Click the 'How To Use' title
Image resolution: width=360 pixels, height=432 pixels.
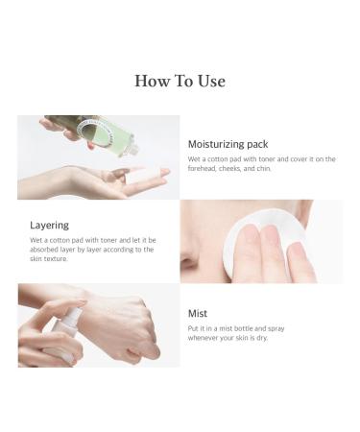[180, 81]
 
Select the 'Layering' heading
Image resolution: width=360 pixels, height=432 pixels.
[49, 225]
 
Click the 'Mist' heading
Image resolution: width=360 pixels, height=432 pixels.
[199, 312]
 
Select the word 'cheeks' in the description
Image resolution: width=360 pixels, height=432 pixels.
[239, 168]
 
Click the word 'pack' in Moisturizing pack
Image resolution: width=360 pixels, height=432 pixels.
[260, 143]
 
